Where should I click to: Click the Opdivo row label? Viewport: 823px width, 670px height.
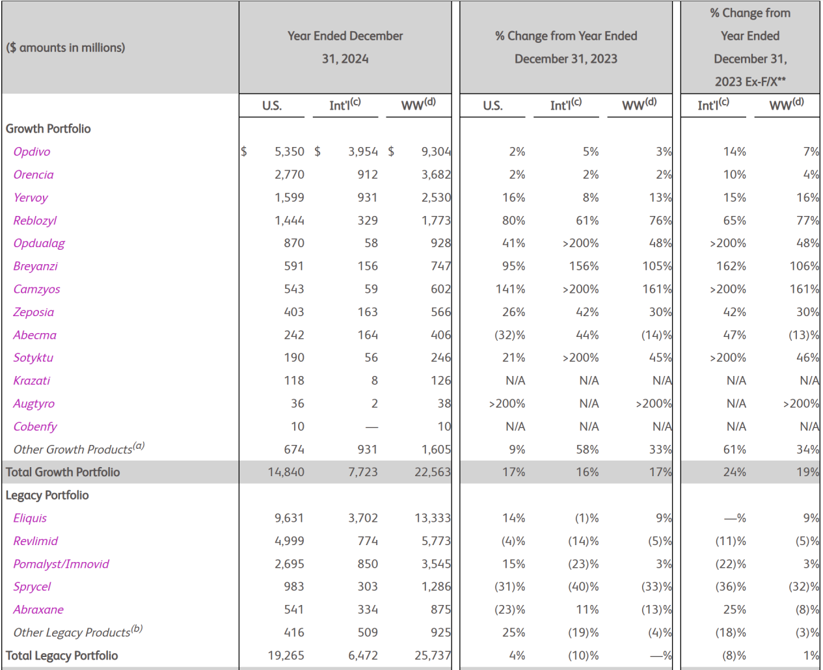pos(32,152)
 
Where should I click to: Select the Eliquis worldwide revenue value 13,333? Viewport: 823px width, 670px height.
pos(433,518)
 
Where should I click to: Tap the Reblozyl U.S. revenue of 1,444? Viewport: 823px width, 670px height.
pos(290,221)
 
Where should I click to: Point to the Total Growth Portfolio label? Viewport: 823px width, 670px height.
pos(62,472)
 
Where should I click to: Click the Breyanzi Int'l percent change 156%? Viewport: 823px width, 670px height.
pos(584,266)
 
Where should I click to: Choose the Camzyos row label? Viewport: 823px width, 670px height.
pos(36,289)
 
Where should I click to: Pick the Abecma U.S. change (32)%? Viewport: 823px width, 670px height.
pos(509,334)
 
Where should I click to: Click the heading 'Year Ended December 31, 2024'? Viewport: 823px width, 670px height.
pos(345,47)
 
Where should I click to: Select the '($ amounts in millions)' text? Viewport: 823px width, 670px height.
pos(65,47)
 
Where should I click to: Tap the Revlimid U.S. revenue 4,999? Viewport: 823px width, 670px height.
pos(290,541)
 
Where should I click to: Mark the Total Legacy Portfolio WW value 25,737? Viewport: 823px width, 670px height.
pos(433,655)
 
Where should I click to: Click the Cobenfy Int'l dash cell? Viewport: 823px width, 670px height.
pos(371,427)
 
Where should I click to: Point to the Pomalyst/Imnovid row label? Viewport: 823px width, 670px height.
pos(61,564)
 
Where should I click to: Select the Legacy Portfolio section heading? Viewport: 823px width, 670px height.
pos(47,495)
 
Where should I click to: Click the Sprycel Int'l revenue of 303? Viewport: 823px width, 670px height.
pos(368,587)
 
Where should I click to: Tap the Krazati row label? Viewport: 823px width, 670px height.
pos(32,381)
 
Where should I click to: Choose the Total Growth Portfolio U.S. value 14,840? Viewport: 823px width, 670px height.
pos(286,472)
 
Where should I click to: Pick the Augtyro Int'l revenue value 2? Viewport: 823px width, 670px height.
pos(374,403)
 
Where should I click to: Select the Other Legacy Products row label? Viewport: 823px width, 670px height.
pos(77,632)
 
